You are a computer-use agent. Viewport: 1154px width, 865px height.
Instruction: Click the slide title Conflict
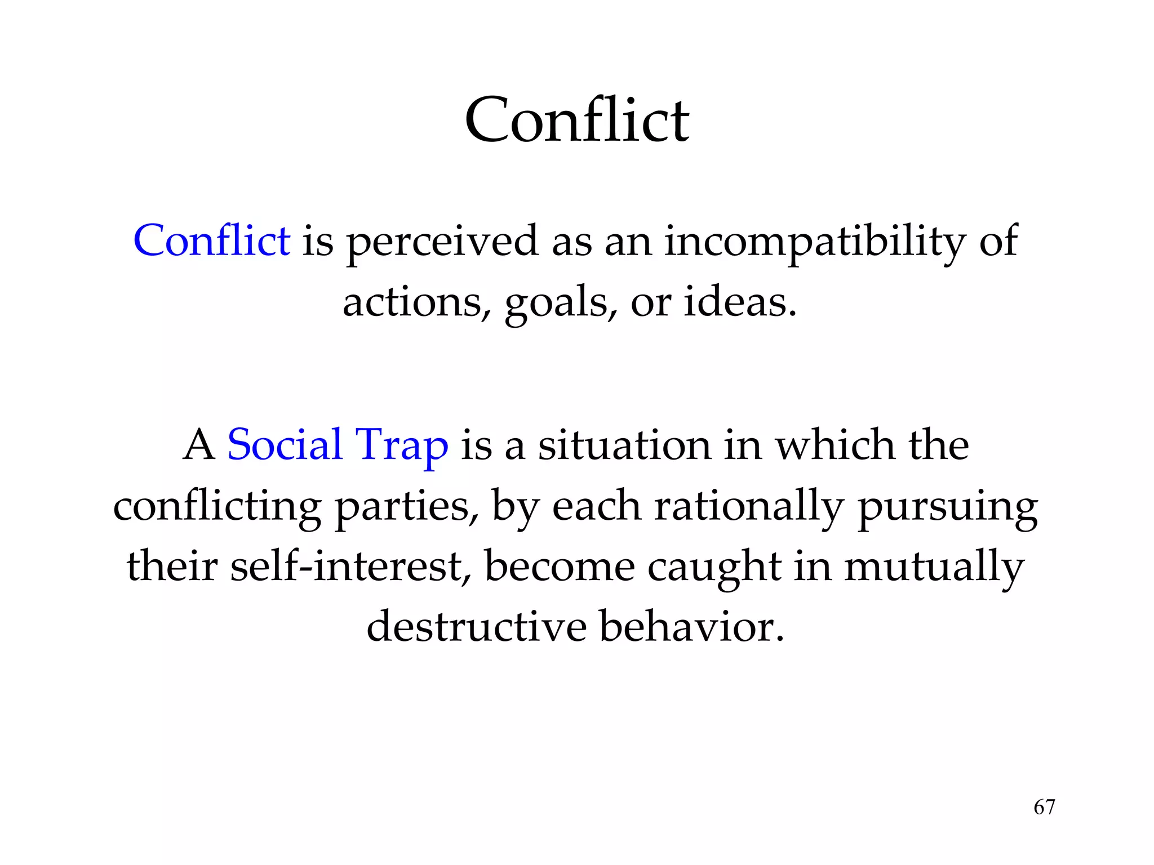[576, 120]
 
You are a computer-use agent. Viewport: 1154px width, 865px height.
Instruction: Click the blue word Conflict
[212, 241]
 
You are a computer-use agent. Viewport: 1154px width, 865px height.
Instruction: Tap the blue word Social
[285, 445]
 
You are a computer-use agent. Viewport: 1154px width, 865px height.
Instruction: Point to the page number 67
[1044, 807]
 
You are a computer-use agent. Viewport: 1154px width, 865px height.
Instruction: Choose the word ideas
[740, 302]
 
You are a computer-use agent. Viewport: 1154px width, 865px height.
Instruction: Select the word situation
[624, 445]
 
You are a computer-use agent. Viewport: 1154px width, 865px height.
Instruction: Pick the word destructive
[476, 626]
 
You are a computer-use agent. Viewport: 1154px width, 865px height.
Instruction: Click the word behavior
[691, 626]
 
